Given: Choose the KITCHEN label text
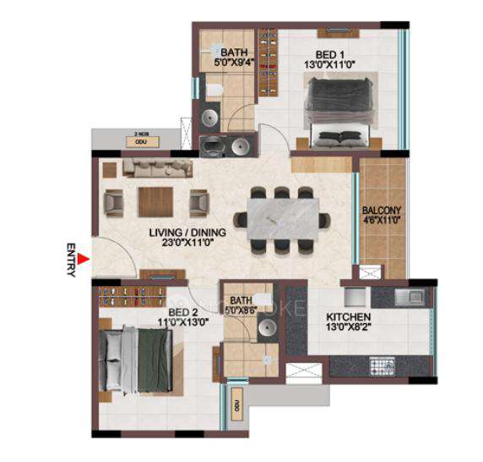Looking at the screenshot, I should click(x=350, y=318).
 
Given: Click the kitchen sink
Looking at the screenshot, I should click(x=411, y=295).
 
